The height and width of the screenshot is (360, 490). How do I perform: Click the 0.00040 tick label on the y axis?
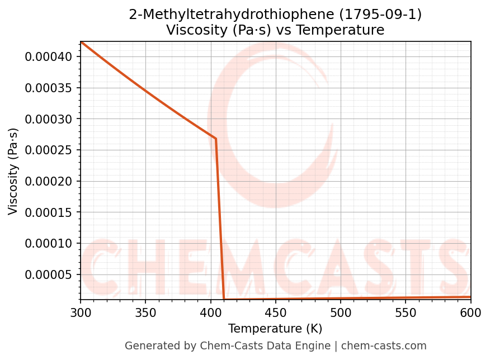(x=49, y=56)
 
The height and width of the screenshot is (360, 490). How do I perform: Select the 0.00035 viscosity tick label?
(x=49, y=88)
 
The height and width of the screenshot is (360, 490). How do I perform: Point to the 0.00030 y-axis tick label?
(x=49, y=119)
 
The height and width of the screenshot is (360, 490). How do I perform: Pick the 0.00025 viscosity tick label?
(x=49, y=150)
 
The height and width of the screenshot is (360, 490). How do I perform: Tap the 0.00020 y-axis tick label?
(x=49, y=181)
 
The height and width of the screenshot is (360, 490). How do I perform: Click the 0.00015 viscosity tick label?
(x=49, y=212)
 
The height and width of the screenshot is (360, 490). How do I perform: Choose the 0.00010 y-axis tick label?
(x=49, y=243)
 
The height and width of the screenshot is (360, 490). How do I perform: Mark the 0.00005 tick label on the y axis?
(x=49, y=274)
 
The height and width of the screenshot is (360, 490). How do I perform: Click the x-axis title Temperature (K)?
(x=275, y=329)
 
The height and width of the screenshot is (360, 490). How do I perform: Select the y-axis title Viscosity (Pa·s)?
(x=13, y=171)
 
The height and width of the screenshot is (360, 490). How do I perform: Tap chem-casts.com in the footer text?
(x=384, y=346)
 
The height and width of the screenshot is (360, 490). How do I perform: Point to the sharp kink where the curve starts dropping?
(x=216, y=139)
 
